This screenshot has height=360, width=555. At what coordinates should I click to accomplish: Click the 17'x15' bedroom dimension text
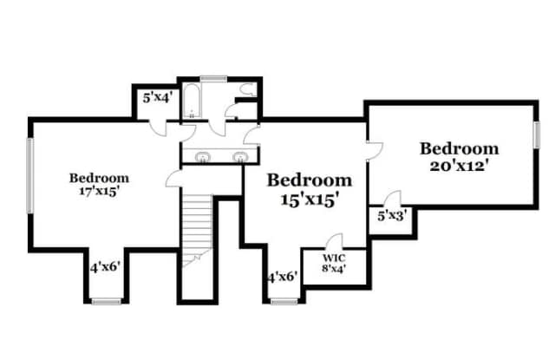click(98, 192)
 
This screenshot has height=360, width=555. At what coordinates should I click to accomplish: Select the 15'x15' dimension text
click(308, 200)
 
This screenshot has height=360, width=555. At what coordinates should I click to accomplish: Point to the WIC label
click(334, 258)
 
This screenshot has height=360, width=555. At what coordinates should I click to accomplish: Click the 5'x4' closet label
click(157, 98)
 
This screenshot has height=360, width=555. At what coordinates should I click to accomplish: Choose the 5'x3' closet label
click(391, 216)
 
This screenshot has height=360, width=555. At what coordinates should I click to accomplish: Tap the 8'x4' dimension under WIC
click(334, 268)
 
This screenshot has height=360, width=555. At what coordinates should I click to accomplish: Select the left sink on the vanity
click(203, 157)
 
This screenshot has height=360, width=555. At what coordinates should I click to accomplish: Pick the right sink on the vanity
click(240, 157)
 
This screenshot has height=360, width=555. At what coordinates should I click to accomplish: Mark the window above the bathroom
click(213, 79)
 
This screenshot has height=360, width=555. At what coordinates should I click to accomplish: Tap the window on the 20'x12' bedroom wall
click(537, 134)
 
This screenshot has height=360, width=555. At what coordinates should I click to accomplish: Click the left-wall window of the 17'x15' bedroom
click(30, 175)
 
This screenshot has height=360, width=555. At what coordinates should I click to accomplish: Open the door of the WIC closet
click(335, 240)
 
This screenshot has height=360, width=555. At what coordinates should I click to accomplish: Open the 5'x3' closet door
click(392, 199)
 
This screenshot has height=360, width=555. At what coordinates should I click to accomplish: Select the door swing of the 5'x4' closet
click(157, 129)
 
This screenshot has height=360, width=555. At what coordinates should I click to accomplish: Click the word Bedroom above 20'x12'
click(459, 148)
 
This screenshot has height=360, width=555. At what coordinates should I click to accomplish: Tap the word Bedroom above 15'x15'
click(310, 180)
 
